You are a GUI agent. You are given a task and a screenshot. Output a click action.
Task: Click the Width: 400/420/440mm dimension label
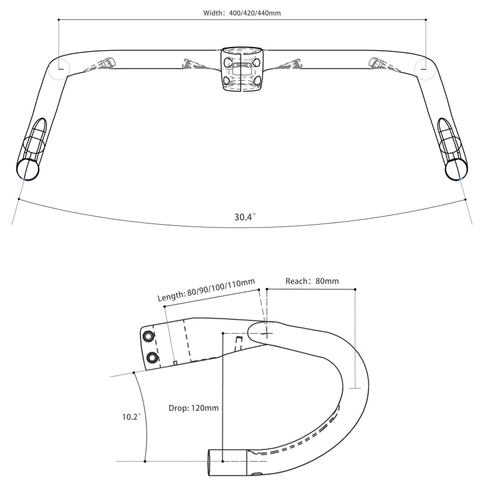[x=242, y=13]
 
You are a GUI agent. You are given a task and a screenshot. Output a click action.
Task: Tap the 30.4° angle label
[x=245, y=216]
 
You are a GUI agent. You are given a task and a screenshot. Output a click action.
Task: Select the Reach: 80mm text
[x=312, y=281]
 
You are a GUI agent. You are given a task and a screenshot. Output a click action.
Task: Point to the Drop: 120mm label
[x=194, y=408]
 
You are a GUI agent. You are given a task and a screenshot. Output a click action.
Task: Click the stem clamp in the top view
[x=242, y=70]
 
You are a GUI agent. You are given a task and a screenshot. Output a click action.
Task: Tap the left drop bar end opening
[x=27, y=169]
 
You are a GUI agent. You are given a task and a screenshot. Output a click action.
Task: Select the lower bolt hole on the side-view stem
[x=152, y=358]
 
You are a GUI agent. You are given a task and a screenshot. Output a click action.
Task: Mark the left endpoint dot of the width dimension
[x=58, y=20]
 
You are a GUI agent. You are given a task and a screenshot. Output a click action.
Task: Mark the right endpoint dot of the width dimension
[x=426, y=20]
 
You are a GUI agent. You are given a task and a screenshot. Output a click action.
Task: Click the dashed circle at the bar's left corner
[x=59, y=68]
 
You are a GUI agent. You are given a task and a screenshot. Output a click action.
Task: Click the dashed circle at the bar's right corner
[x=425, y=68]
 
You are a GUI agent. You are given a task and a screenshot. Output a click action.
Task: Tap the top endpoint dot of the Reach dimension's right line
[x=355, y=290]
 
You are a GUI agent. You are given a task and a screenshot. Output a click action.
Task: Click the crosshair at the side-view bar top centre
[x=265, y=333]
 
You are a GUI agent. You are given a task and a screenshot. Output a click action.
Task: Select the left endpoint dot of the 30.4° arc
[x=19, y=199]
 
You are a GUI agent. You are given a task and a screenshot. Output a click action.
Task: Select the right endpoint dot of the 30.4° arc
[x=465, y=199]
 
